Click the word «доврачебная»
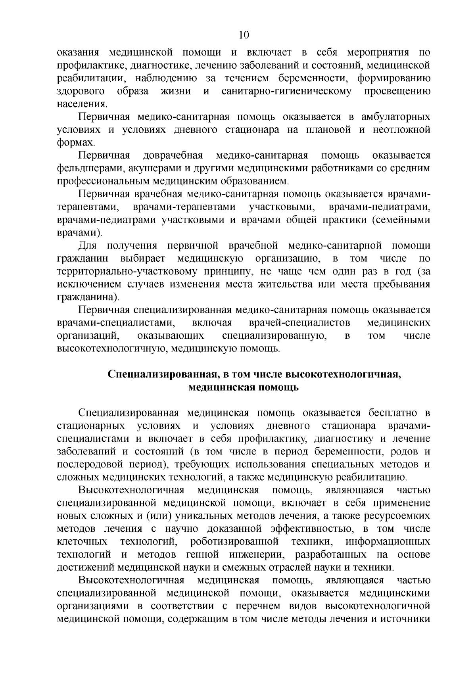[x=173, y=156]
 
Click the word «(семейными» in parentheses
[x=401, y=220]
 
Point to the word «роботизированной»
[x=233, y=542]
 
